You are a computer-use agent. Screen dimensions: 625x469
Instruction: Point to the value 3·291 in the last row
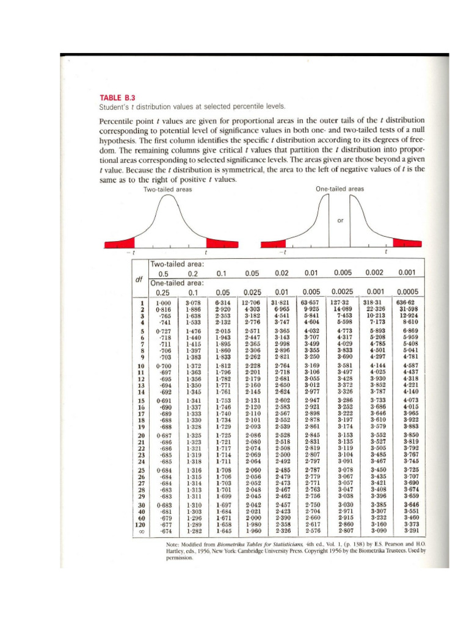point(407,531)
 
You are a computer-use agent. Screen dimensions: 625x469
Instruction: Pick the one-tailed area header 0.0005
point(407,292)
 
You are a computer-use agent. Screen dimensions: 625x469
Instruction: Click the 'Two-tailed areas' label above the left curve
point(167,190)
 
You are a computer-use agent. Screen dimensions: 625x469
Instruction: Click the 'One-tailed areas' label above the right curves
point(340,190)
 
